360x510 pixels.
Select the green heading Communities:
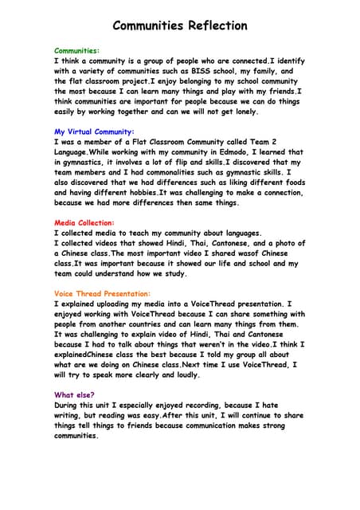point(76,49)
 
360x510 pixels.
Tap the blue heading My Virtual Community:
point(94,131)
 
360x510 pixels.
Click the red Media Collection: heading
point(84,222)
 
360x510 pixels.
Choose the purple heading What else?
point(74,394)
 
